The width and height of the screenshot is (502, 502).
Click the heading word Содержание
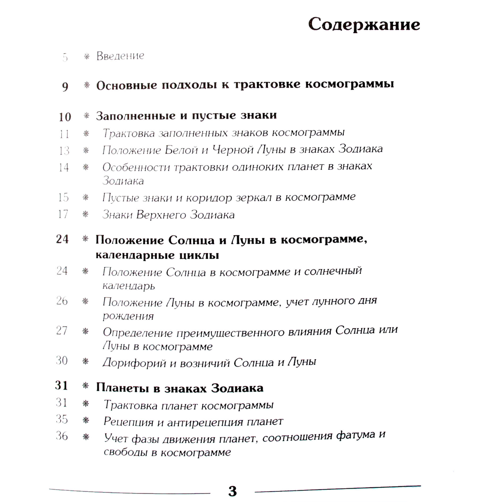tap(364, 25)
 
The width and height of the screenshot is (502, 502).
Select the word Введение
tap(120, 56)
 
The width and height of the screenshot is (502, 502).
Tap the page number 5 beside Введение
tap(65, 57)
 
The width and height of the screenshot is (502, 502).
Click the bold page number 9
tap(65, 87)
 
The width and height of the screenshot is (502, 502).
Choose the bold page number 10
tap(65, 117)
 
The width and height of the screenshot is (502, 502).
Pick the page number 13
tap(64, 151)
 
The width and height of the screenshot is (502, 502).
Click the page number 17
tap(63, 214)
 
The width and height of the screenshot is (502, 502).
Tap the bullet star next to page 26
tap(85, 301)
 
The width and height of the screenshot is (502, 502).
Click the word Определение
tap(138, 333)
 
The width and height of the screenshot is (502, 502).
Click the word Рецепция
tap(128, 422)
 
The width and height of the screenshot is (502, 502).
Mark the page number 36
tap(62, 436)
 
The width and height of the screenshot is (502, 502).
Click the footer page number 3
tap(232, 491)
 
